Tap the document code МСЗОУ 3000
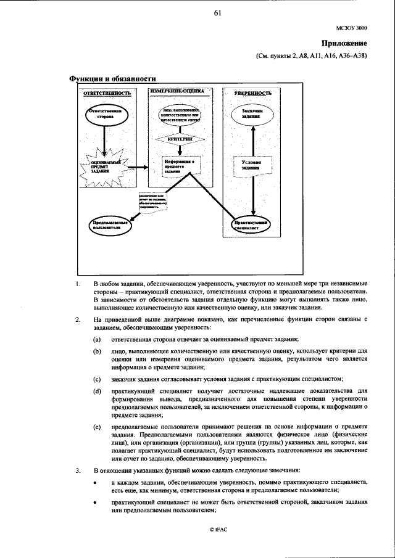(352, 28)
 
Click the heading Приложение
(344, 44)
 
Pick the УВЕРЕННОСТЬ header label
(253, 93)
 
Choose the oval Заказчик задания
(251, 115)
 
